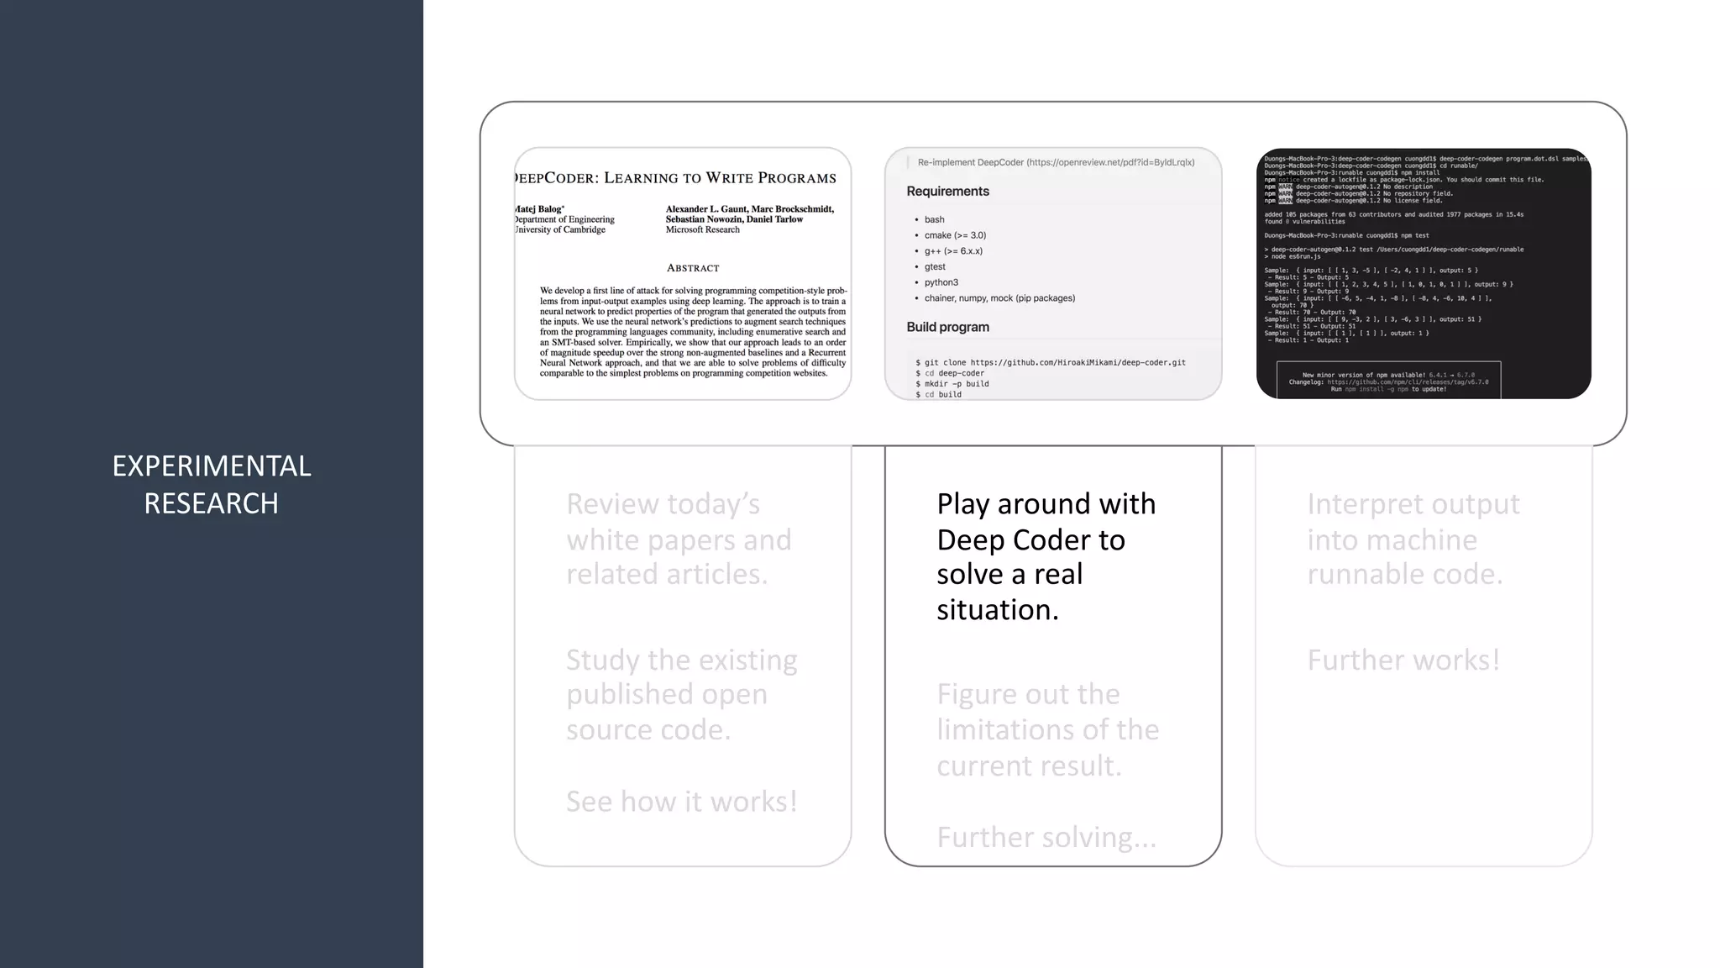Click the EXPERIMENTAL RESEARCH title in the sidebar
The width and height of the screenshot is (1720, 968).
(212, 484)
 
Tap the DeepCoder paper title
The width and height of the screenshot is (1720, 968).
(676, 178)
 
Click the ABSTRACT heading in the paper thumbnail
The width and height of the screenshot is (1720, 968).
(693, 268)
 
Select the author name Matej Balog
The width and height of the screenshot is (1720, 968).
(539, 209)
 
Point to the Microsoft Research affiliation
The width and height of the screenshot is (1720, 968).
(703, 229)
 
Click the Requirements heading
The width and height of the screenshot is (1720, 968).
(947, 192)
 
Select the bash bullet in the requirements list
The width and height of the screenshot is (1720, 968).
(934, 219)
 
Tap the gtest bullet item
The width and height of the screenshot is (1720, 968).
(935, 266)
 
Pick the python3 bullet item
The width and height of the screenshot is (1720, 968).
(941, 282)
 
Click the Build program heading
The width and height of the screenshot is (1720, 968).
(947, 327)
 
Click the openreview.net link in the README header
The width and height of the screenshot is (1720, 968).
(1109, 162)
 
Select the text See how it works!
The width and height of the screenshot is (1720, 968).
(681, 802)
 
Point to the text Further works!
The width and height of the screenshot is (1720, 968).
(1403, 660)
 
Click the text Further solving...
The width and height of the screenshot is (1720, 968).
(1046, 837)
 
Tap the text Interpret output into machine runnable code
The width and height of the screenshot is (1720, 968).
(1413, 539)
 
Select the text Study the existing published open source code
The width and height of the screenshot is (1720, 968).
(681, 694)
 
